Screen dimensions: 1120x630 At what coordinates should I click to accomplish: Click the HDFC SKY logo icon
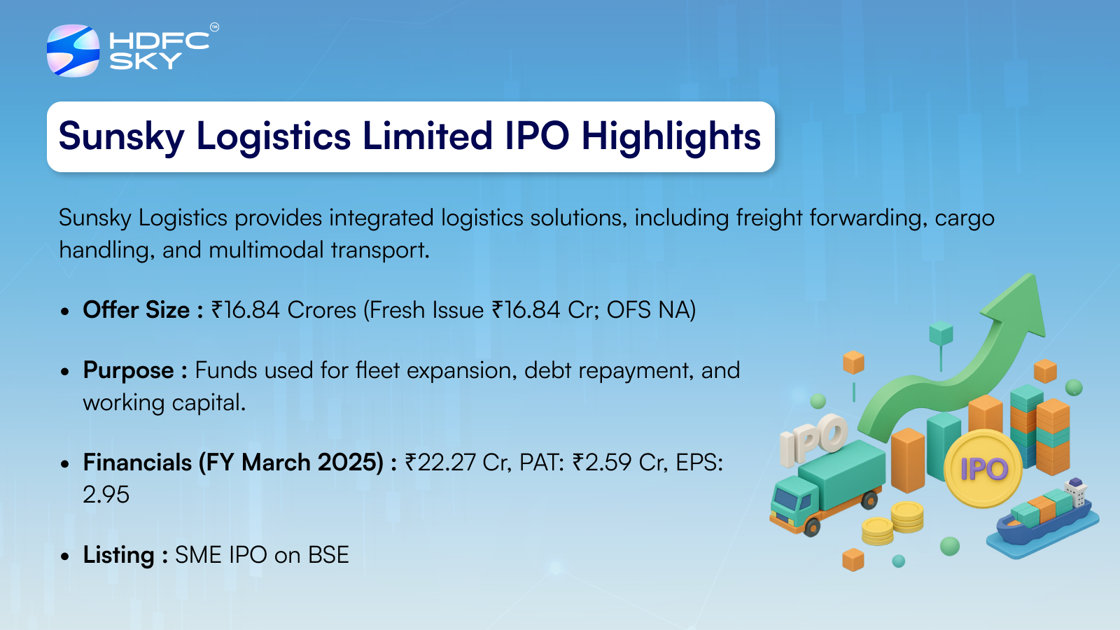click(73, 50)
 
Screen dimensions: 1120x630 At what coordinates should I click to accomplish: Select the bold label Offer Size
click(136, 310)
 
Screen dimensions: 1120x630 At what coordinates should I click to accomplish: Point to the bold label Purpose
click(129, 371)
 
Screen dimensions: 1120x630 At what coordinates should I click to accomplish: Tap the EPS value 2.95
click(106, 494)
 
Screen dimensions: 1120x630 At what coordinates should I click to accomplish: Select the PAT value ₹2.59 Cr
click(620, 463)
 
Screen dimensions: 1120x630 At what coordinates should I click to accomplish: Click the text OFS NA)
click(651, 310)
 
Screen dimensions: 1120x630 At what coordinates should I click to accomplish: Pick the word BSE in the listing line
click(328, 555)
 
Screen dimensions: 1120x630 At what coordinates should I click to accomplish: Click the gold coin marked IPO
click(983, 468)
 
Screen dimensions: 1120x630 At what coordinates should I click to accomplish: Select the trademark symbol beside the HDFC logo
click(214, 27)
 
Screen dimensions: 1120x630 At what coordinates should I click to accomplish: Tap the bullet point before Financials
click(64, 463)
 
